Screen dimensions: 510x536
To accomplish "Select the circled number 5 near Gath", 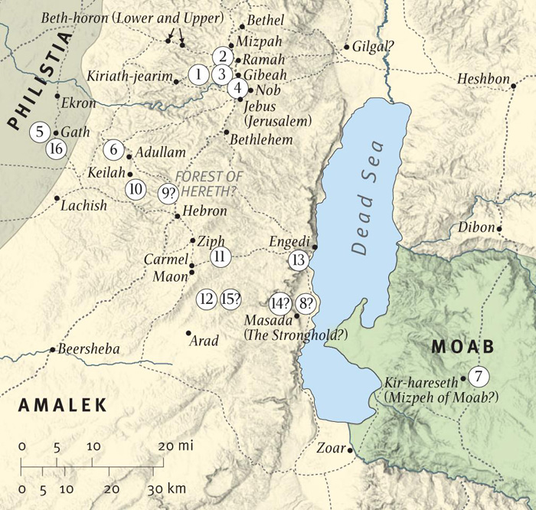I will tap(40, 132).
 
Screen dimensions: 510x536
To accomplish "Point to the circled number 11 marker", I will tap(220, 257).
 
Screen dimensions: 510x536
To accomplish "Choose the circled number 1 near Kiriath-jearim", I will tap(198, 74).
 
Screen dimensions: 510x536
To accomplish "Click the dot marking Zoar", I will tap(350, 450).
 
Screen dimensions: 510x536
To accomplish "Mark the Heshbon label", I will tap(482, 79).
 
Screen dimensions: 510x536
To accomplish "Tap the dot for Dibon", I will tap(499, 228).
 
